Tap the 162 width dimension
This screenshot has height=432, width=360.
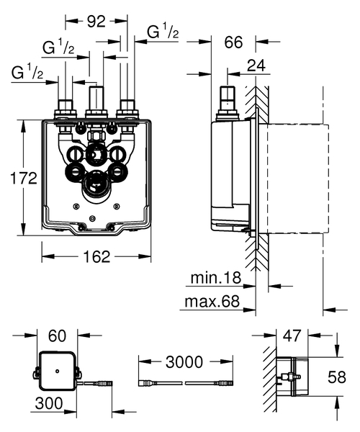coord(96,256)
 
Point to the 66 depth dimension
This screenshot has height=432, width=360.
coord(233,42)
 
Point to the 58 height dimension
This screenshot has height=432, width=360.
coord(346,375)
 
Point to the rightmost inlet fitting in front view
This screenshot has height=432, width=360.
coord(128,109)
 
